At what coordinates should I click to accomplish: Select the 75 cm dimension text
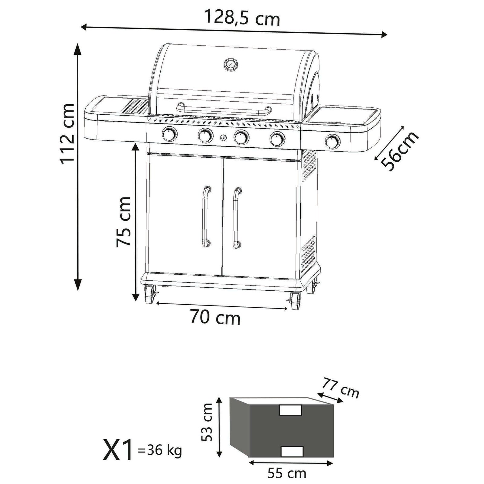tap(124, 221)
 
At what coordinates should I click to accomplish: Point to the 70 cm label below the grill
tap(215, 318)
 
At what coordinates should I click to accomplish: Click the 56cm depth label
tap(400, 151)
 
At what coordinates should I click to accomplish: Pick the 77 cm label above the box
tap(341, 388)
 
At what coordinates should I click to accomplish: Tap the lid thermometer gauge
tap(231, 64)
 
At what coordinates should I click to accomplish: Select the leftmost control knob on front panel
tap(170, 134)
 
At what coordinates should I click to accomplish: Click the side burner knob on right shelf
tap(332, 141)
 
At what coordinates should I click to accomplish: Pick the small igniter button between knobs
tap(223, 138)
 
